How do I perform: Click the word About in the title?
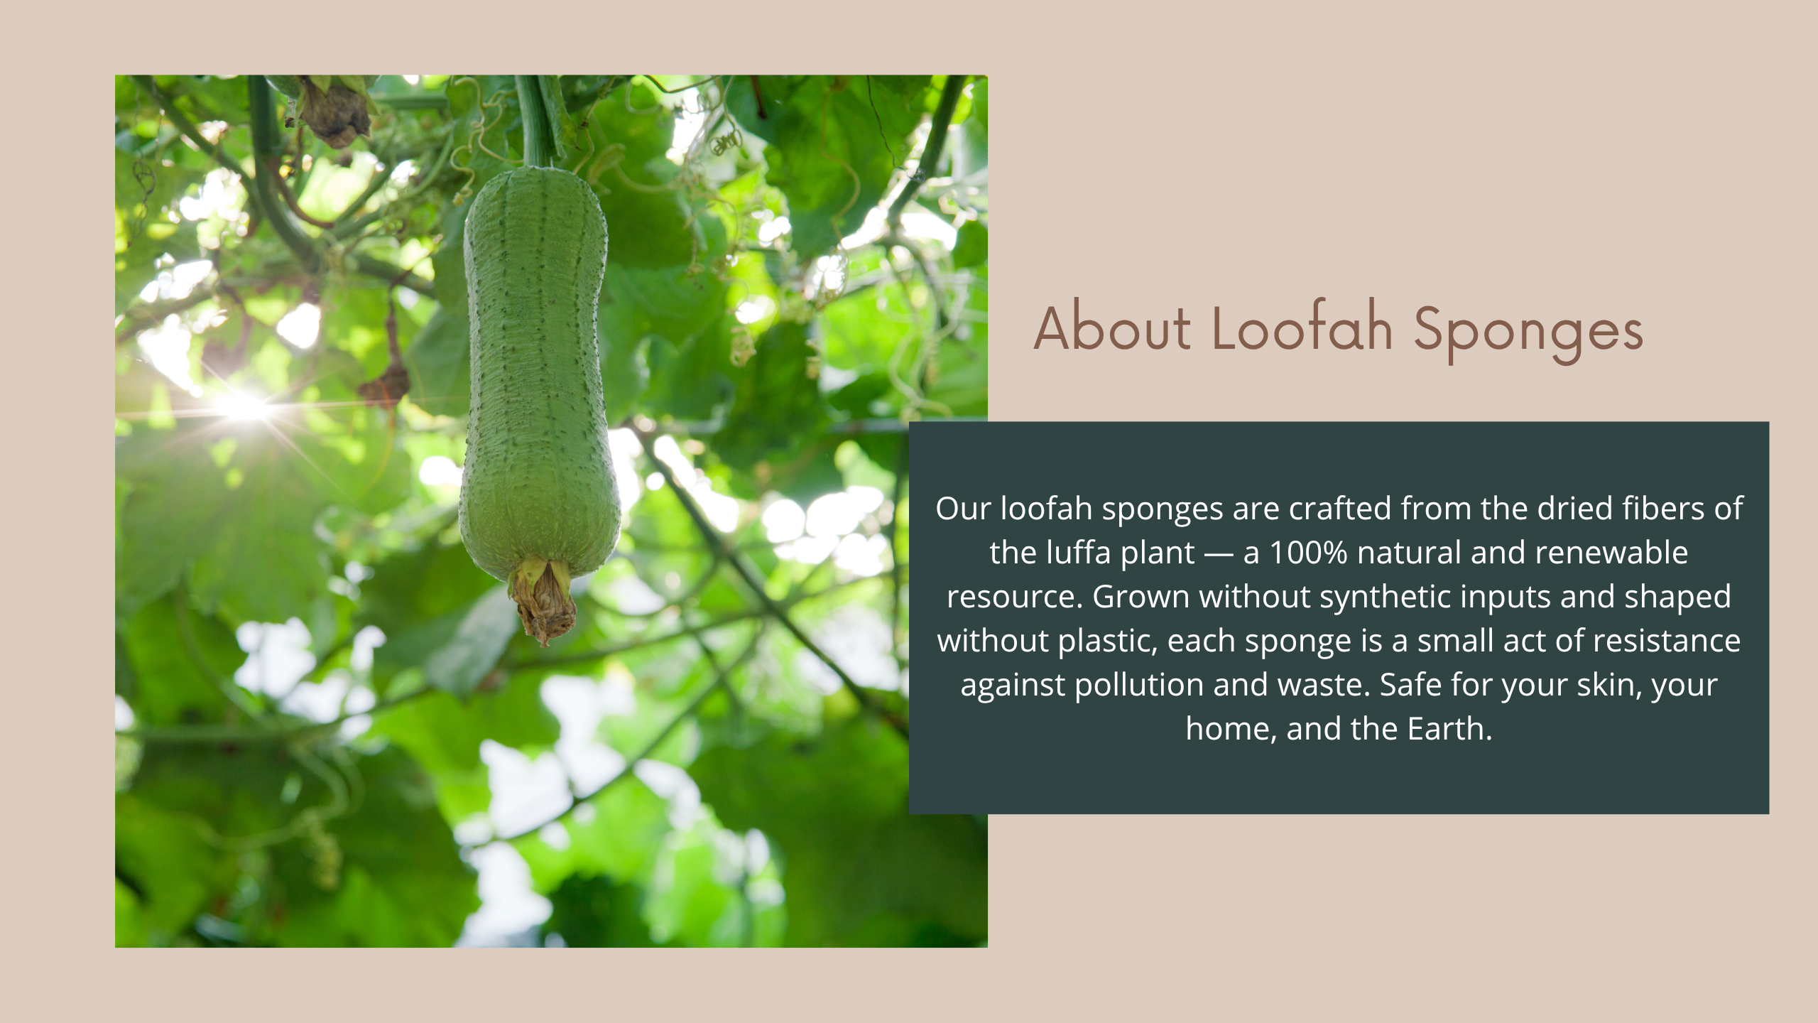pyautogui.click(x=1112, y=328)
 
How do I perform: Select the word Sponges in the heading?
pyautogui.click(x=1528, y=333)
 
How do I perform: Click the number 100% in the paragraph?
pyautogui.click(x=1308, y=553)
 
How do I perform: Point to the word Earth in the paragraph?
pyautogui.click(x=1449, y=729)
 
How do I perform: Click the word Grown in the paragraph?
pyautogui.click(x=1141, y=597)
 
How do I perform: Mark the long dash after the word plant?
pyautogui.click(x=1219, y=554)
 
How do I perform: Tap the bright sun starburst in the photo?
pyautogui.click(x=244, y=406)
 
